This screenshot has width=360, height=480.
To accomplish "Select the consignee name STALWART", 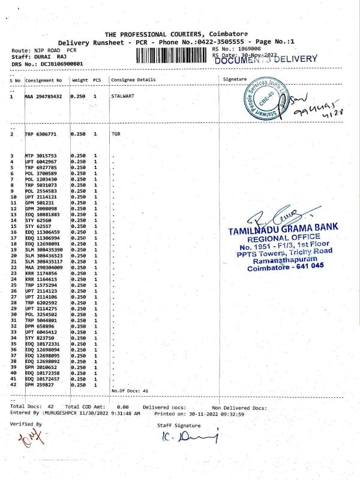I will click(122, 96).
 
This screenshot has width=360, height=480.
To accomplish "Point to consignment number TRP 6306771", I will click(40, 134).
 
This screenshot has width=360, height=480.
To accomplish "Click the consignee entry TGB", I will click(116, 134).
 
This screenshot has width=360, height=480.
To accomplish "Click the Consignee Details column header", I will click(133, 80).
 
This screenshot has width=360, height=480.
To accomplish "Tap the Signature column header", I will click(235, 79).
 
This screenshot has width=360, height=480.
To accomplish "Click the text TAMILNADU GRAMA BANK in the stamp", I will click(283, 229).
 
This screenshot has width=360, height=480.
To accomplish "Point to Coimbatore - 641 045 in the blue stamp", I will click(286, 267).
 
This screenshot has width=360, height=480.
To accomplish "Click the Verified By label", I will click(26, 424).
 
